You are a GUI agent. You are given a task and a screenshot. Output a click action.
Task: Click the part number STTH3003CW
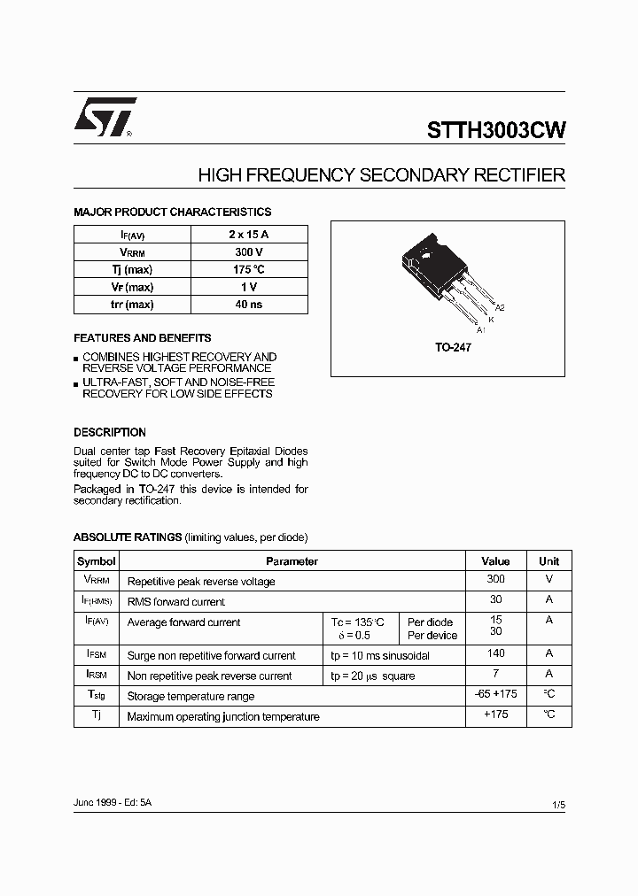[x=496, y=130]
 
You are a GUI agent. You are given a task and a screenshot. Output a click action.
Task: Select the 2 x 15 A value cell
[x=249, y=234]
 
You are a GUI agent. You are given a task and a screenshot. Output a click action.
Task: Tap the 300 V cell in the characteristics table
[x=249, y=251]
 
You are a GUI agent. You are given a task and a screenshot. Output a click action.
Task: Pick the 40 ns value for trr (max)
[x=249, y=305]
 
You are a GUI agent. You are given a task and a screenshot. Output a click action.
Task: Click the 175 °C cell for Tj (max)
[x=249, y=269]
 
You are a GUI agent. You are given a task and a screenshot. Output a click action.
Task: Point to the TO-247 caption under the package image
[x=453, y=348]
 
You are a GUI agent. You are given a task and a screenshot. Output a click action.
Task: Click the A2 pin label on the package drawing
[x=500, y=307]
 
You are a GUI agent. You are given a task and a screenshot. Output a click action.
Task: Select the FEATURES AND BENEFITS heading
[x=142, y=338]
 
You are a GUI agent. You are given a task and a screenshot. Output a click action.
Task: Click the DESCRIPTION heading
[x=110, y=433]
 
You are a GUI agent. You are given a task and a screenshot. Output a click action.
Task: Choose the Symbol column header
[x=97, y=561]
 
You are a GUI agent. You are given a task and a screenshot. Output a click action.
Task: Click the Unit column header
[x=549, y=561]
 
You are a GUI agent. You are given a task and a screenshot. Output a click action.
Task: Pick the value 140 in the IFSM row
[x=495, y=653]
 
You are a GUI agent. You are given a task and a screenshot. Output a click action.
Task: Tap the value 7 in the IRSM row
[x=495, y=674]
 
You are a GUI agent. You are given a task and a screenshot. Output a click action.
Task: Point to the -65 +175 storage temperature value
[x=495, y=694]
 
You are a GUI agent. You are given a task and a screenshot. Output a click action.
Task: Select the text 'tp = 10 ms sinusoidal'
[x=380, y=656]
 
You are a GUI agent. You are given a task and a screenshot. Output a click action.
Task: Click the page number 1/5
[x=557, y=804]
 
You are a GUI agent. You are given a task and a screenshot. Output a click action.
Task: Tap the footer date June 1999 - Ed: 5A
[x=113, y=801]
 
